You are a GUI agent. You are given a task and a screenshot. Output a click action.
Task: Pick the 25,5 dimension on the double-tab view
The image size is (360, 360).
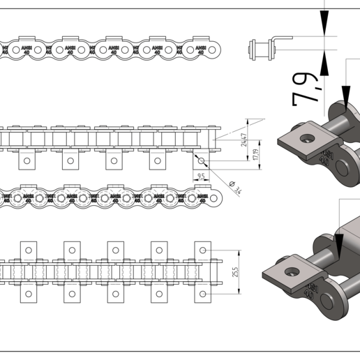(235, 271)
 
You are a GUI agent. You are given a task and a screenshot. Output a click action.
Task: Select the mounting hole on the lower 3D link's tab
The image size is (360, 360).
(287, 269)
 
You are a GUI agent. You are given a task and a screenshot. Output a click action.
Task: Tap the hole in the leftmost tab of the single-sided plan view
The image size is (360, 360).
(27, 161)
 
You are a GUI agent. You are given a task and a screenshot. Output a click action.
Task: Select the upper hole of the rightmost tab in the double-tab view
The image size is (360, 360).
(202, 249)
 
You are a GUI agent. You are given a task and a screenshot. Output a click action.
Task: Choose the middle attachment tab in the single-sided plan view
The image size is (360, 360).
(113, 160)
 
